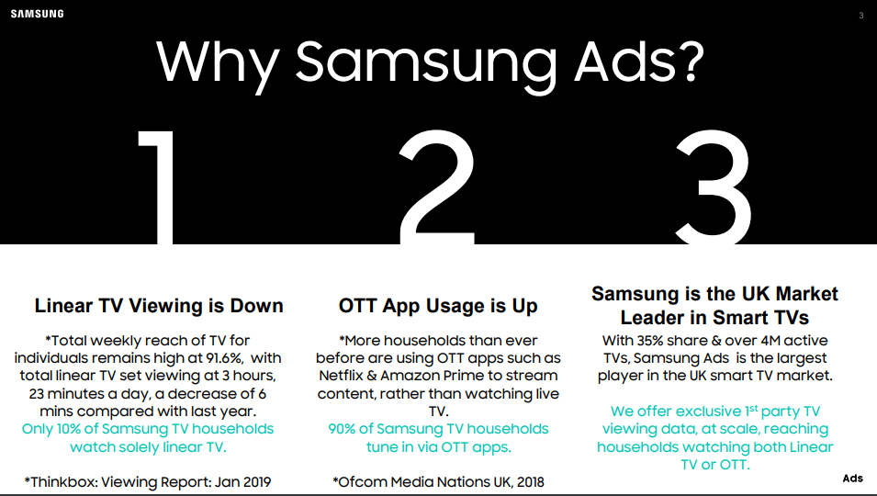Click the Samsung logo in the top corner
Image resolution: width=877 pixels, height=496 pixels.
[x=37, y=14]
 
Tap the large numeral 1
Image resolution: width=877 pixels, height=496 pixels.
[x=157, y=187]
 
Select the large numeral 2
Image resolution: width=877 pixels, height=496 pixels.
[x=437, y=187]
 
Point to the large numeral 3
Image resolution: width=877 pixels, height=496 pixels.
[x=714, y=187]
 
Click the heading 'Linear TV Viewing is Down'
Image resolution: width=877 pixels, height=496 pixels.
[x=159, y=306]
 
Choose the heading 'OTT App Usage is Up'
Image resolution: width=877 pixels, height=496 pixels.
[x=438, y=306]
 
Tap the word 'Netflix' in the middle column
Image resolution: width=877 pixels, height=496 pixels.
[x=341, y=376]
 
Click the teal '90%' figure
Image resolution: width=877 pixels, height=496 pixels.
[x=342, y=429]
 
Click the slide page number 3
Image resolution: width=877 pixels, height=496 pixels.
[x=861, y=16]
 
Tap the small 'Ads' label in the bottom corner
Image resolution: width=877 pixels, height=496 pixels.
[x=853, y=479]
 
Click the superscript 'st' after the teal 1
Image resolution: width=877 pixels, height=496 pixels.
[x=754, y=408]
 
